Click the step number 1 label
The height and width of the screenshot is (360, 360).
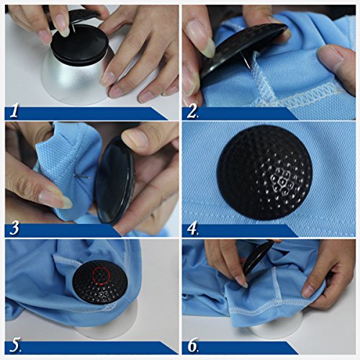click(14, 112)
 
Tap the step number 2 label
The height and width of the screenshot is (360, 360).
click(192, 112)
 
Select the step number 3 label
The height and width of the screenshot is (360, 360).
click(14, 228)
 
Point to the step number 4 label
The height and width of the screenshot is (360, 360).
click(192, 229)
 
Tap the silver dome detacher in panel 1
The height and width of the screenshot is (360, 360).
click(74, 79)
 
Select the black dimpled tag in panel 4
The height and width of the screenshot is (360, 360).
click(265, 172)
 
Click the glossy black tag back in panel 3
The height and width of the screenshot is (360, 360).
click(114, 180)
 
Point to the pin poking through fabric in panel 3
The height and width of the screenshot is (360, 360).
click(84, 177)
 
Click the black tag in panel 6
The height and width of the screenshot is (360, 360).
click(258, 257)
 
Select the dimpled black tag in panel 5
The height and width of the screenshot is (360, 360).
click(100, 282)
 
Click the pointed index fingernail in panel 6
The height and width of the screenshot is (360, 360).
click(242, 282)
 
